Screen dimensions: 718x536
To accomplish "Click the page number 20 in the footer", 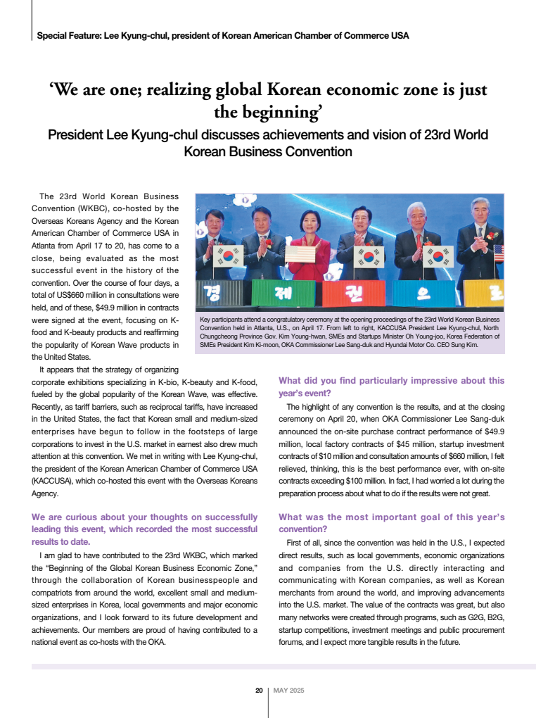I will point(259,691).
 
